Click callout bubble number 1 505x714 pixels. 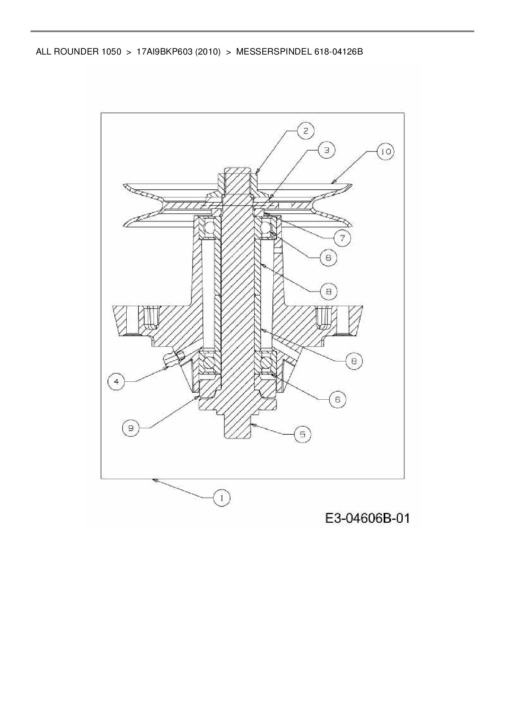(x=222, y=498)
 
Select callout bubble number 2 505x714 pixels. (x=306, y=131)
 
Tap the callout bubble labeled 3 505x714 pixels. (x=327, y=150)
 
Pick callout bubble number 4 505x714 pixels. (x=116, y=382)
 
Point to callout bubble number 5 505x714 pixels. (x=303, y=434)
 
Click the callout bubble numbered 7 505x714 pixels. (x=342, y=238)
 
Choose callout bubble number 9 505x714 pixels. (x=131, y=428)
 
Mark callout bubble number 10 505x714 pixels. (x=385, y=152)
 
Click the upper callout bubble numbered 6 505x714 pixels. (x=328, y=258)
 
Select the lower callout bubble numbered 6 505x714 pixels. (x=338, y=400)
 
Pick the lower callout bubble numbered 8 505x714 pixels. (x=354, y=361)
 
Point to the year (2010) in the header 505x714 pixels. (x=208, y=52)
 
